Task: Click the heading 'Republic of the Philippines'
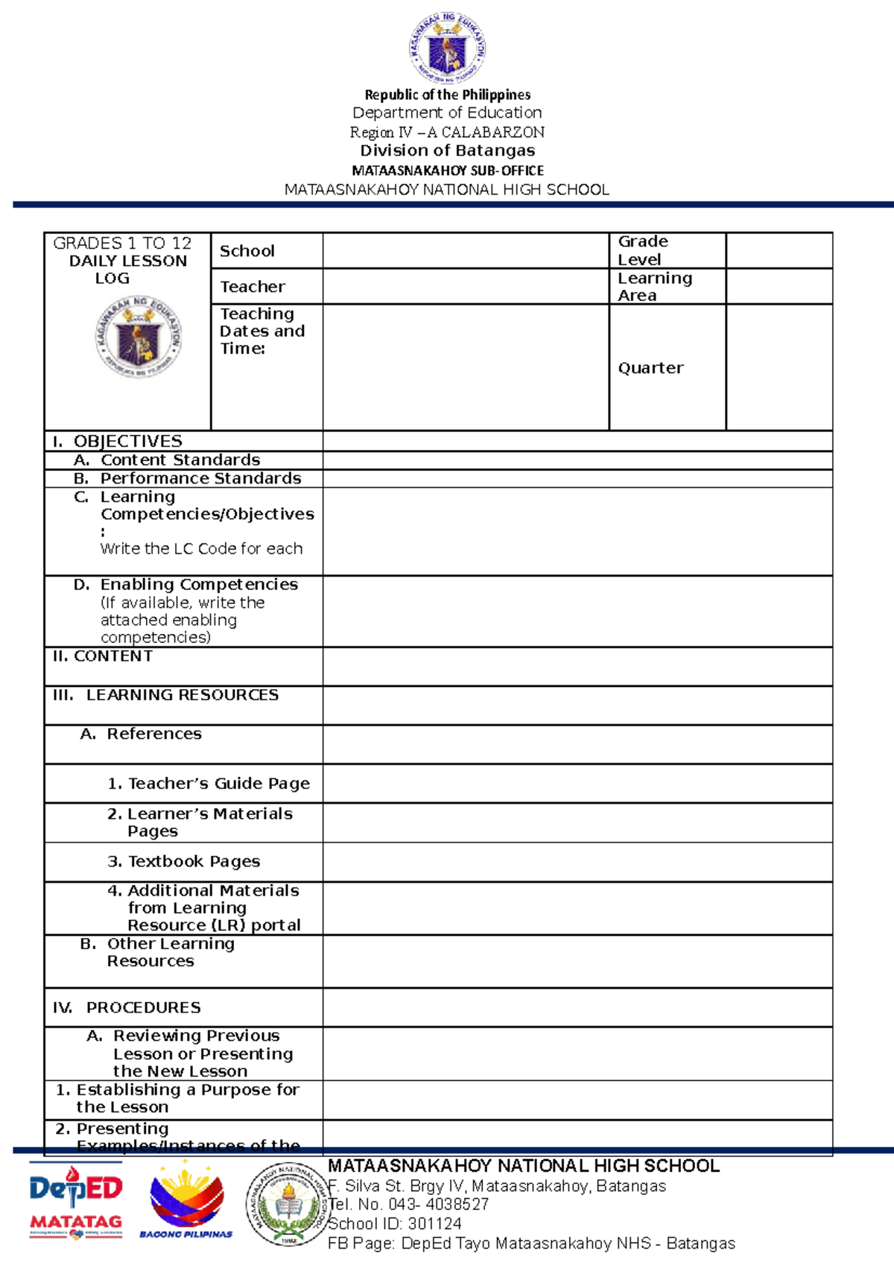tap(447, 95)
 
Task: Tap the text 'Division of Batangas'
tap(447, 150)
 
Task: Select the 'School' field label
tap(247, 251)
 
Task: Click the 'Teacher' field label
tap(253, 287)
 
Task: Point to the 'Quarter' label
tap(650, 368)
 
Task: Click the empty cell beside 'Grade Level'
tap(779, 250)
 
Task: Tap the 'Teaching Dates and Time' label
tap(261, 331)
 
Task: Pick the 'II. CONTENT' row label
tap(103, 656)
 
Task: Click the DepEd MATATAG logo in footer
tap(76, 1199)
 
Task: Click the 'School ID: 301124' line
tap(395, 1224)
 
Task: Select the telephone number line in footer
tap(409, 1205)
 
